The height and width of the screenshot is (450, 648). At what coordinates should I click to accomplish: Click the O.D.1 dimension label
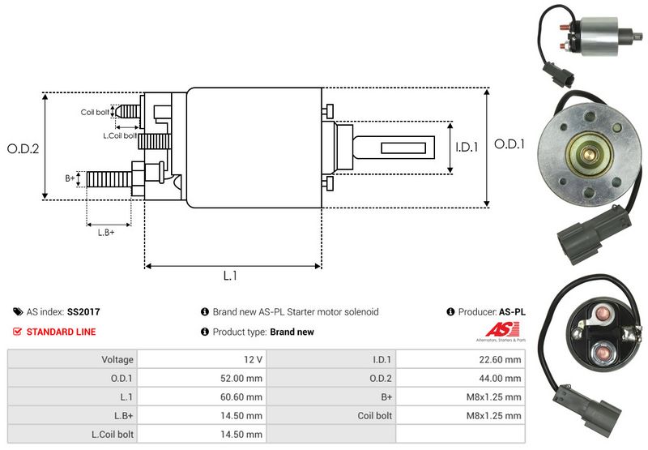tap(510, 144)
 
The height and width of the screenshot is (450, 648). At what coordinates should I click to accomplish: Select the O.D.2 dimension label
tap(23, 148)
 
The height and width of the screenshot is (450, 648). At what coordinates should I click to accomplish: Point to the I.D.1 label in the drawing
tap(467, 148)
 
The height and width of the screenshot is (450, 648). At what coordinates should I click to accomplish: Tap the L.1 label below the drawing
tap(230, 276)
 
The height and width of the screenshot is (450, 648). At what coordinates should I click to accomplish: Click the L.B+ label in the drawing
tap(106, 233)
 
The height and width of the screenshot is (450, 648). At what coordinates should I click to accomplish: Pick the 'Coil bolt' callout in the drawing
tap(94, 112)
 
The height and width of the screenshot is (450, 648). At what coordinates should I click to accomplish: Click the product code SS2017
tap(83, 311)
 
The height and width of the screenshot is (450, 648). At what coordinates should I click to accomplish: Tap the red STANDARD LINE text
tap(61, 332)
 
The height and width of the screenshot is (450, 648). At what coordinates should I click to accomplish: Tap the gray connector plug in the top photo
tap(561, 78)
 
